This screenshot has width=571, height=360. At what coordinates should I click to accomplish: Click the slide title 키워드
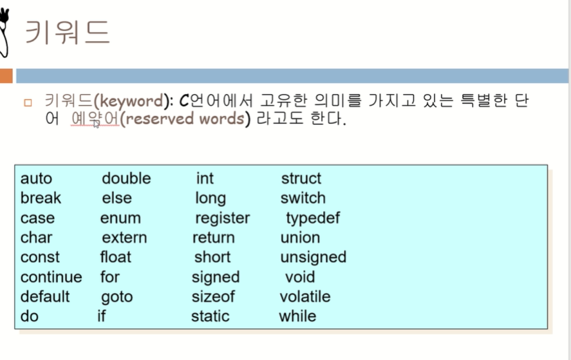click(x=67, y=32)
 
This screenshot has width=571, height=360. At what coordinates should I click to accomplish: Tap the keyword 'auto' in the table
click(x=36, y=178)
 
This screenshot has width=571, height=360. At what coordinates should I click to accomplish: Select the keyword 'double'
click(x=126, y=178)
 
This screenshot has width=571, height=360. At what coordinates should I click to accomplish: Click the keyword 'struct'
click(x=301, y=178)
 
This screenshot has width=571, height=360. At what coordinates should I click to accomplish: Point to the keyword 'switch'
click(x=303, y=198)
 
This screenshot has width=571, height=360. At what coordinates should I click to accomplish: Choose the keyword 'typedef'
click(x=313, y=218)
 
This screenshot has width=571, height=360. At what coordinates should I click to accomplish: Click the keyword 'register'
click(x=222, y=218)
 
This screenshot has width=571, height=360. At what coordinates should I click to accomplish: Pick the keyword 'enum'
click(x=120, y=218)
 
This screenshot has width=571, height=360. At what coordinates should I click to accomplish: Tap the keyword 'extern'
click(x=124, y=238)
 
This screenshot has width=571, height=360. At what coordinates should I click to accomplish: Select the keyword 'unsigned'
click(x=313, y=257)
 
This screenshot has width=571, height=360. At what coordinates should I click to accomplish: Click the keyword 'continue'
click(x=51, y=277)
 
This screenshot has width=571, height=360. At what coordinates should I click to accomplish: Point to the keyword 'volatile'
click(x=304, y=297)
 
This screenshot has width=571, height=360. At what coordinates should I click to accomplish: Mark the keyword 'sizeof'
click(x=213, y=297)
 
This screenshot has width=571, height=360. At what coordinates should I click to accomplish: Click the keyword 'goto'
click(x=117, y=297)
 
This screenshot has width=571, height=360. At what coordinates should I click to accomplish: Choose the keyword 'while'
click(x=297, y=316)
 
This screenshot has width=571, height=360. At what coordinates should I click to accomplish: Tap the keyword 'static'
click(x=210, y=316)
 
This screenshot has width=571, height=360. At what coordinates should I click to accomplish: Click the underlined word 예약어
click(x=94, y=119)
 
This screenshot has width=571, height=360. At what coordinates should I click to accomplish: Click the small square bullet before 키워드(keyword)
click(x=27, y=102)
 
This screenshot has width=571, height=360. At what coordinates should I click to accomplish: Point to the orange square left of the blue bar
click(x=6, y=76)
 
